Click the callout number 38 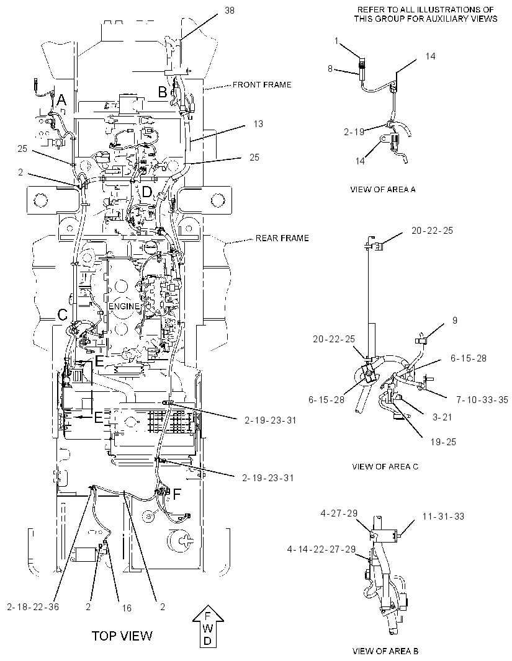(230, 10)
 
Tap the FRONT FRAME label (262, 85)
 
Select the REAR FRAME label (282, 238)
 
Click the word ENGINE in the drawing (124, 306)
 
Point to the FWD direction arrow (208, 626)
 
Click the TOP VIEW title (122, 636)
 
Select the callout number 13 (258, 123)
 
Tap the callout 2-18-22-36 (33, 606)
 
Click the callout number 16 (127, 608)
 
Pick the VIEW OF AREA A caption (383, 189)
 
